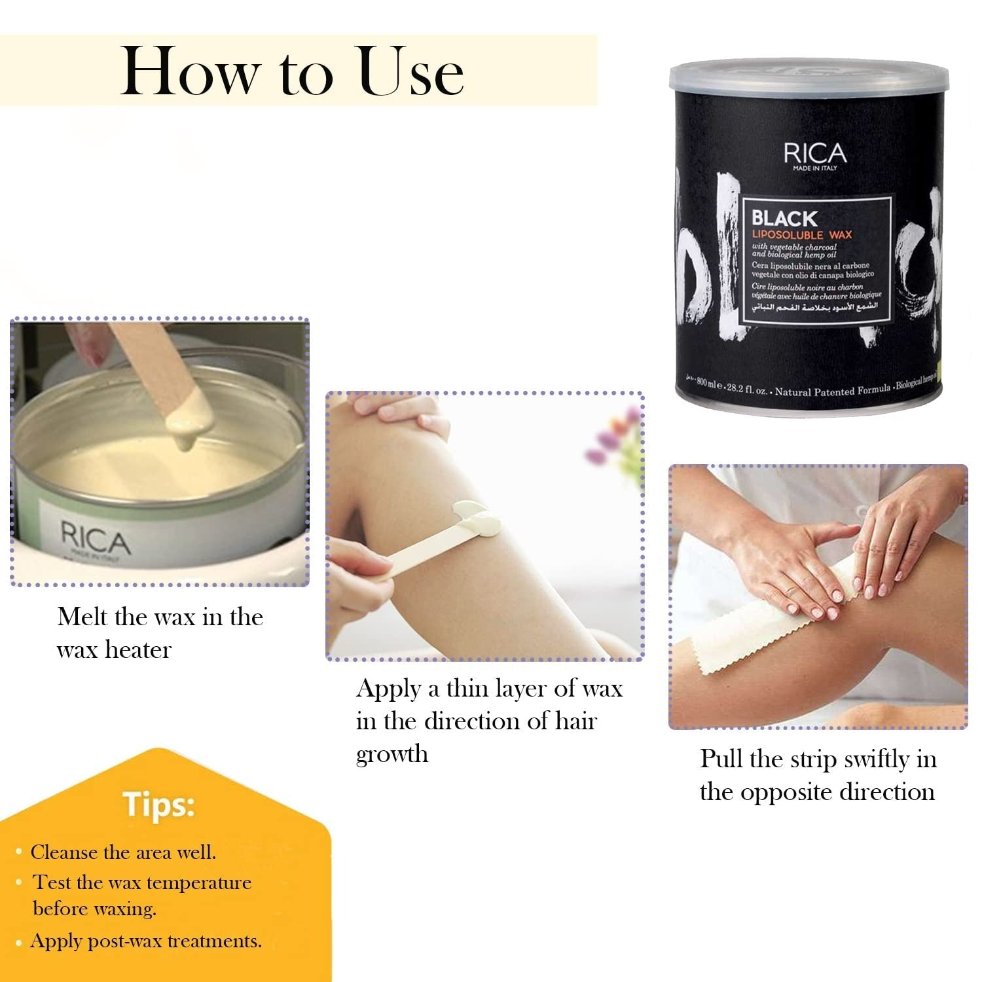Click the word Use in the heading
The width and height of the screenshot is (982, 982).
pos(412,72)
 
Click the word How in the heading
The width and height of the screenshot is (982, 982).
pos(190,72)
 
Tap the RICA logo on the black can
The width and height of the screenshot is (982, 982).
pos(815,154)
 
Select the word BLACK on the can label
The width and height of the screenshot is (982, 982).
pos(784,218)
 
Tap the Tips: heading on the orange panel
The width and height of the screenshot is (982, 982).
pos(158,805)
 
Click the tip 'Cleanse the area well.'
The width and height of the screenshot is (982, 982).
pos(123,852)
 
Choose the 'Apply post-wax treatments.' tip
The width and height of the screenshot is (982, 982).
pos(146,941)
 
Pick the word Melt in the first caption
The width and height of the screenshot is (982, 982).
pos(82,617)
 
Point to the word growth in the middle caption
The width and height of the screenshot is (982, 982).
pos(392,754)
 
